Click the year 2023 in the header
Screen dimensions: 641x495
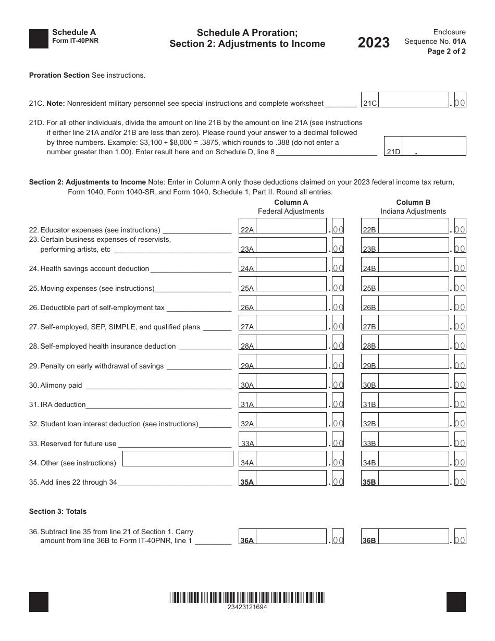click(374, 43)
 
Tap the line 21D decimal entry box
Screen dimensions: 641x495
click(434, 146)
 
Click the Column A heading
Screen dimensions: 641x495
click(291, 202)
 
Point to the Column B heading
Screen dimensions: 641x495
click(413, 202)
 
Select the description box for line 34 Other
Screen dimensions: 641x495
click(178, 459)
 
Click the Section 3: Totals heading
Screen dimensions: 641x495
click(58, 511)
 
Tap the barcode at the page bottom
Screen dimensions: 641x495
click(247, 597)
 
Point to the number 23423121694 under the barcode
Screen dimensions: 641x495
click(247, 607)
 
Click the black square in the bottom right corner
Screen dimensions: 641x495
click(456, 602)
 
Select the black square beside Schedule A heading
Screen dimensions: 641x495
click(39, 39)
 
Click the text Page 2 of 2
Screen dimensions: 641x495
click(447, 51)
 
